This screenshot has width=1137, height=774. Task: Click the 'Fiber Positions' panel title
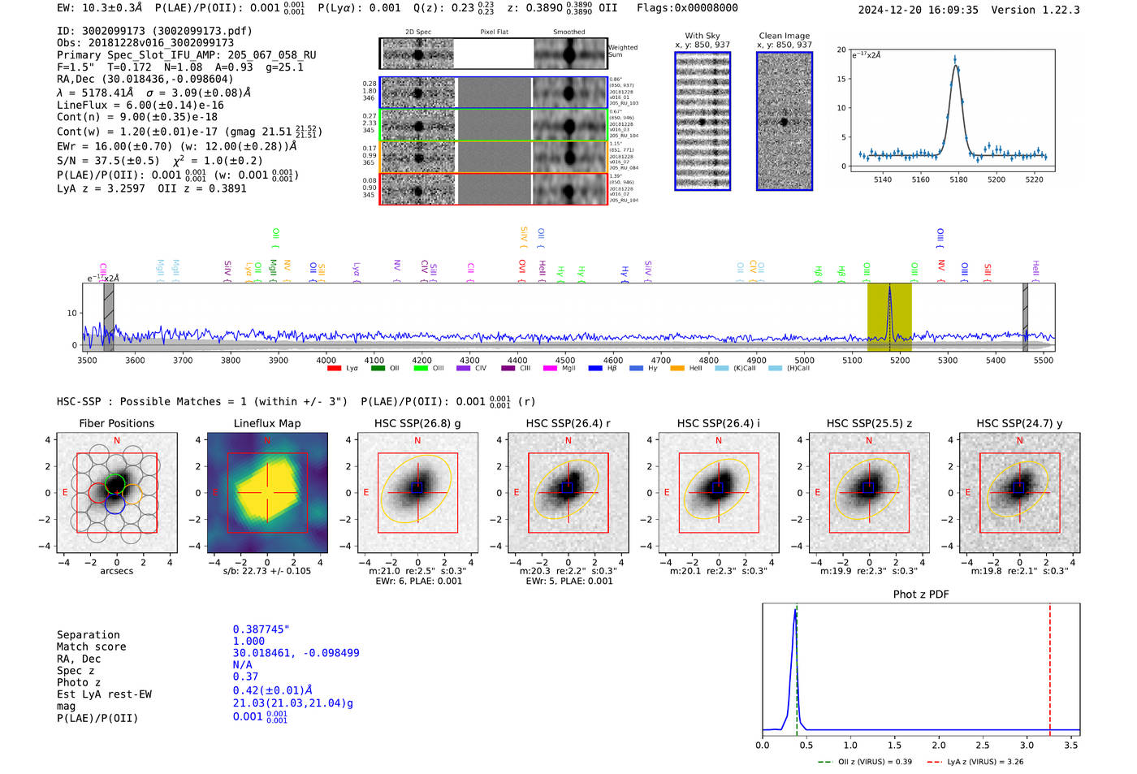pyautogui.click(x=116, y=423)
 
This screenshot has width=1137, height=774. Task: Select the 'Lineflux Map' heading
pyautogui.click(x=266, y=423)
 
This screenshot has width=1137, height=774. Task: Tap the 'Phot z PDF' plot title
pyautogui.click(x=920, y=595)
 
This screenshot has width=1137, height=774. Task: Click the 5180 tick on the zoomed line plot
pyautogui.click(x=958, y=179)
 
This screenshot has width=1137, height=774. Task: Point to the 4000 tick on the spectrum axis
pyautogui.click(x=326, y=361)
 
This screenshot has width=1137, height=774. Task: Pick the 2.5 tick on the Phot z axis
pyautogui.click(x=983, y=745)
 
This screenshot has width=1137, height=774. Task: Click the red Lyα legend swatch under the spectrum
pyautogui.click(x=334, y=369)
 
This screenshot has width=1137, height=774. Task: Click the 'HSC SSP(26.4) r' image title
pyautogui.click(x=568, y=423)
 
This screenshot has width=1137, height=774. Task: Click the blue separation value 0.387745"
pyautogui.click(x=261, y=629)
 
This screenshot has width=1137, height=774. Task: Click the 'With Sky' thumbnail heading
pyautogui.click(x=702, y=36)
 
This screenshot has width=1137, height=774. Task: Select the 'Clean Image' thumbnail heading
pyautogui.click(x=784, y=36)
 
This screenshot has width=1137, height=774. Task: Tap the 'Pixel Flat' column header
pyautogui.click(x=494, y=32)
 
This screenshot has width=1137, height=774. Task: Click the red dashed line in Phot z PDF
pyautogui.click(x=1049, y=666)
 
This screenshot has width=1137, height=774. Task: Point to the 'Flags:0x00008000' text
pyautogui.click(x=687, y=8)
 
